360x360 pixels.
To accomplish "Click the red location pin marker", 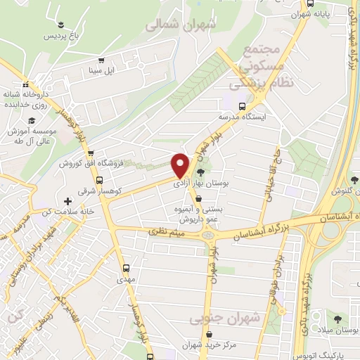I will pos(181,165).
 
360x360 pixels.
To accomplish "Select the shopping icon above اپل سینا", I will pos(101,60).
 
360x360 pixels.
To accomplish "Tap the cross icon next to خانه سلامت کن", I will pos(67,201).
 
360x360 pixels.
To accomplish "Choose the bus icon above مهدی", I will pos(127,268).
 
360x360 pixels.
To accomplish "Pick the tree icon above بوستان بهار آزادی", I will pos(202,172).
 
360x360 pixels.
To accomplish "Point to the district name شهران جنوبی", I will pos(225,319).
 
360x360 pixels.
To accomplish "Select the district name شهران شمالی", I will pos(179,23).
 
